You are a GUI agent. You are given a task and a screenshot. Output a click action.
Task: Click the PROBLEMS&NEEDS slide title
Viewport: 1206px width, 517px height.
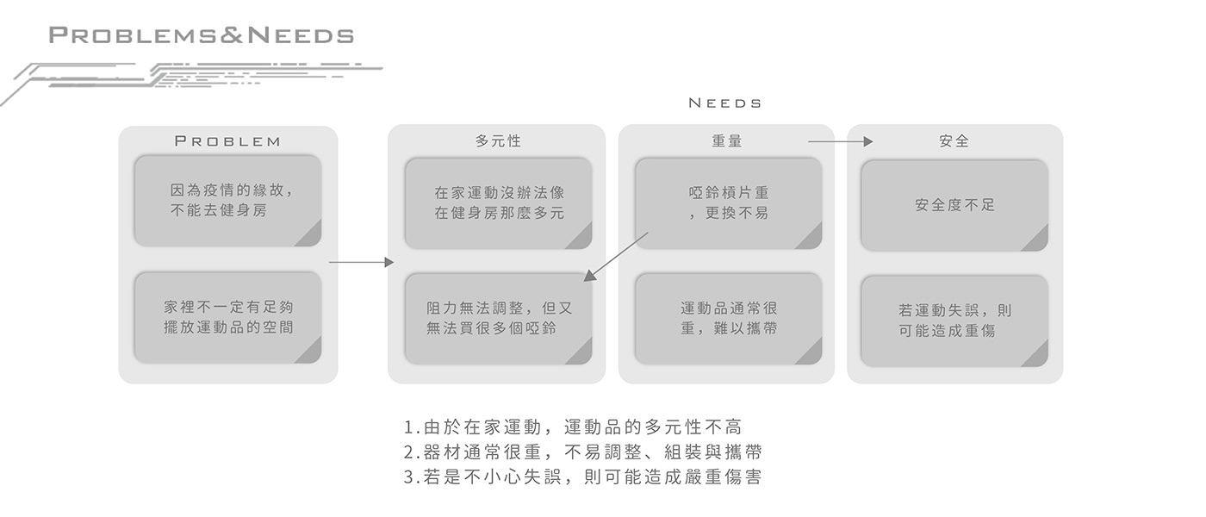202,35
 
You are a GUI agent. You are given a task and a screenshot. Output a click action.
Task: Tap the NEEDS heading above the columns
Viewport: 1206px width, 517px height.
725,103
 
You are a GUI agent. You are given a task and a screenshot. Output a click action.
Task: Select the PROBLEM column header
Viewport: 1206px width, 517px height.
227,141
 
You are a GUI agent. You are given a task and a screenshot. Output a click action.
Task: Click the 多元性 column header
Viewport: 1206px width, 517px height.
498,140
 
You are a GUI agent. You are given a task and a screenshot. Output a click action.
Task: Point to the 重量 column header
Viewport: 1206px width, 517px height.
727,140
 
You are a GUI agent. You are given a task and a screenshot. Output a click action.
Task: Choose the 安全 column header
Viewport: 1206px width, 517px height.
954,140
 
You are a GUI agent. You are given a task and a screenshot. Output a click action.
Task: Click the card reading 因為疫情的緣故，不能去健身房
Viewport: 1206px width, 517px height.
227,201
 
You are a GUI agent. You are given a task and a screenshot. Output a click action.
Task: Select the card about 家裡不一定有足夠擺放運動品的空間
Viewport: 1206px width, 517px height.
227,317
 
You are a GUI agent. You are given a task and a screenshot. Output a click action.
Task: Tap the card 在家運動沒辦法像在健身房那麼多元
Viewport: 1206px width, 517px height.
498,203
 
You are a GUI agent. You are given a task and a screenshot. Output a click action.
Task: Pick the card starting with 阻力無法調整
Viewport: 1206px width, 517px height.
498,318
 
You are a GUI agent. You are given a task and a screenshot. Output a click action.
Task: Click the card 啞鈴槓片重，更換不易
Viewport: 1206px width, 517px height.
728,203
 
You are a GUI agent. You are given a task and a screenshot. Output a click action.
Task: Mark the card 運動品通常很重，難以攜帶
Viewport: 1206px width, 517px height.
728,318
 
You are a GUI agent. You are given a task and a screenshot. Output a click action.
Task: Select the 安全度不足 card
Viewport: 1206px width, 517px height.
954,205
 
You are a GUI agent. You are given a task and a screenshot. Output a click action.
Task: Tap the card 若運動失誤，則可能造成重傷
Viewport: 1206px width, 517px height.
954,321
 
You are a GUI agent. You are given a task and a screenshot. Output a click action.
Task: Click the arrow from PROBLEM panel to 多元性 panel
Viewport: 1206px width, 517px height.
361,262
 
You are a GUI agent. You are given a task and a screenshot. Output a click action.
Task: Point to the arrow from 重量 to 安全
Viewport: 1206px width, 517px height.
840,141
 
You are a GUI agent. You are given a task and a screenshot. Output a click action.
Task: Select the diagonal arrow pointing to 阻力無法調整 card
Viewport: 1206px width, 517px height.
616,256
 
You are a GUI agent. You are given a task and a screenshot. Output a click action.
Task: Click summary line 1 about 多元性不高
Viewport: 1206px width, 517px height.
572,427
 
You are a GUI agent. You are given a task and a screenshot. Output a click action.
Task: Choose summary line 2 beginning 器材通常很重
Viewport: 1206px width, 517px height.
582,452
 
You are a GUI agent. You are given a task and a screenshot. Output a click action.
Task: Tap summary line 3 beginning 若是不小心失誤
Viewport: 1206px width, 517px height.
582,477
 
